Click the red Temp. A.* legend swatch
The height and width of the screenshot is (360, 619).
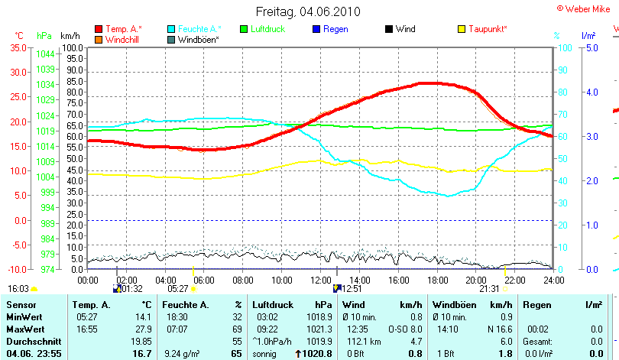(x=99, y=29)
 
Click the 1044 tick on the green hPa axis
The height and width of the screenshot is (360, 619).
(x=45, y=54)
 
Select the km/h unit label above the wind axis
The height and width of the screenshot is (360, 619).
(x=70, y=36)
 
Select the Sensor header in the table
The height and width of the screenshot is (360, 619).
(x=20, y=305)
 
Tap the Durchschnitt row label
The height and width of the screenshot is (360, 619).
(x=31, y=340)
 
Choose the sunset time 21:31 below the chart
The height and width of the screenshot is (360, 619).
(x=488, y=289)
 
